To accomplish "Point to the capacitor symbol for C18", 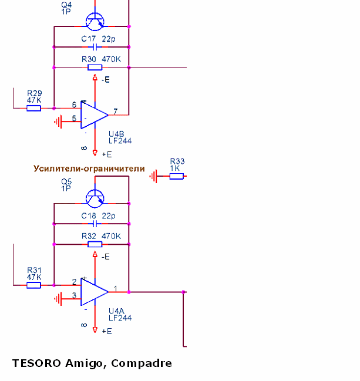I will (x=95, y=224).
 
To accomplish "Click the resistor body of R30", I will (x=95, y=68).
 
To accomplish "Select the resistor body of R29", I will (x=34, y=108).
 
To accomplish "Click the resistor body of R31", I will (x=34, y=285).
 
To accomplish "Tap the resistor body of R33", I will (x=176, y=176).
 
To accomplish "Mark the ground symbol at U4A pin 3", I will (x=58, y=299).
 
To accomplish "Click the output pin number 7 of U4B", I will (x=116, y=111).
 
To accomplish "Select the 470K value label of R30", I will (x=112, y=59).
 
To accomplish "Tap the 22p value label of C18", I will (x=109, y=216).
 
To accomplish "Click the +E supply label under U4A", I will (x=107, y=331).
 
